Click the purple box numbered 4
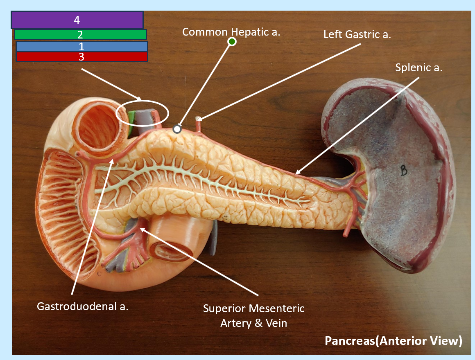click(x=77, y=20)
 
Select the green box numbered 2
click(x=80, y=34)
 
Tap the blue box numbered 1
click(x=82, y=46)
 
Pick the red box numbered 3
click(x=82, y=57)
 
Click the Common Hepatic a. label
click(x=231, y=32)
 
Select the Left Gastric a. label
click(x=357, y=34)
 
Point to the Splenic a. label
click(x=418, y=67)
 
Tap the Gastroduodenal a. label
click(x=82, y=306)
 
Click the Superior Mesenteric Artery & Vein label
click(x=253, y=315)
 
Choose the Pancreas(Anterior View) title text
click(x=394, y=341)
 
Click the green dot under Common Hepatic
click(x=232, y=41)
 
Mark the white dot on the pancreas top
click(x=177, y=129)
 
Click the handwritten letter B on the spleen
click(x=403, y=170)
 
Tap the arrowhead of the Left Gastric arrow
click(x=199, y=119)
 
